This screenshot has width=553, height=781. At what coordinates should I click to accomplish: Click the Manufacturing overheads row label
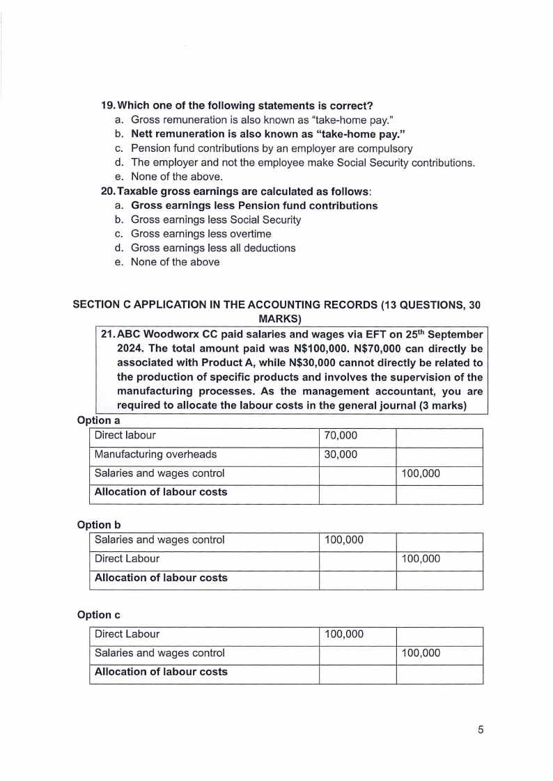[x=155, y=455]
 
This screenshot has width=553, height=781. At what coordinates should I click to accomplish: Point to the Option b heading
[x=99, y=524]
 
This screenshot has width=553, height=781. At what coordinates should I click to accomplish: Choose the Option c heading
[x=99, y=615]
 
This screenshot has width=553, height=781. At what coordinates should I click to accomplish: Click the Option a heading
[x=99, y=420]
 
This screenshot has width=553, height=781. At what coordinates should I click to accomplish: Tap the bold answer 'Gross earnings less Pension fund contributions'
[x=254, y=205]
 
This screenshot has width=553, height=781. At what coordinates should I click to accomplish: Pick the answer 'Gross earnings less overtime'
[x=201, y=234]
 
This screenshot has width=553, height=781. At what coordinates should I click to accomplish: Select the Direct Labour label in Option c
[x=127, y=634]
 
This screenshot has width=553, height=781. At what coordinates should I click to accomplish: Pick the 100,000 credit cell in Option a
[x=421, y=473]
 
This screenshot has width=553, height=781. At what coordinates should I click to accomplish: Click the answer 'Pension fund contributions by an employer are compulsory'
[x=272, y=148]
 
